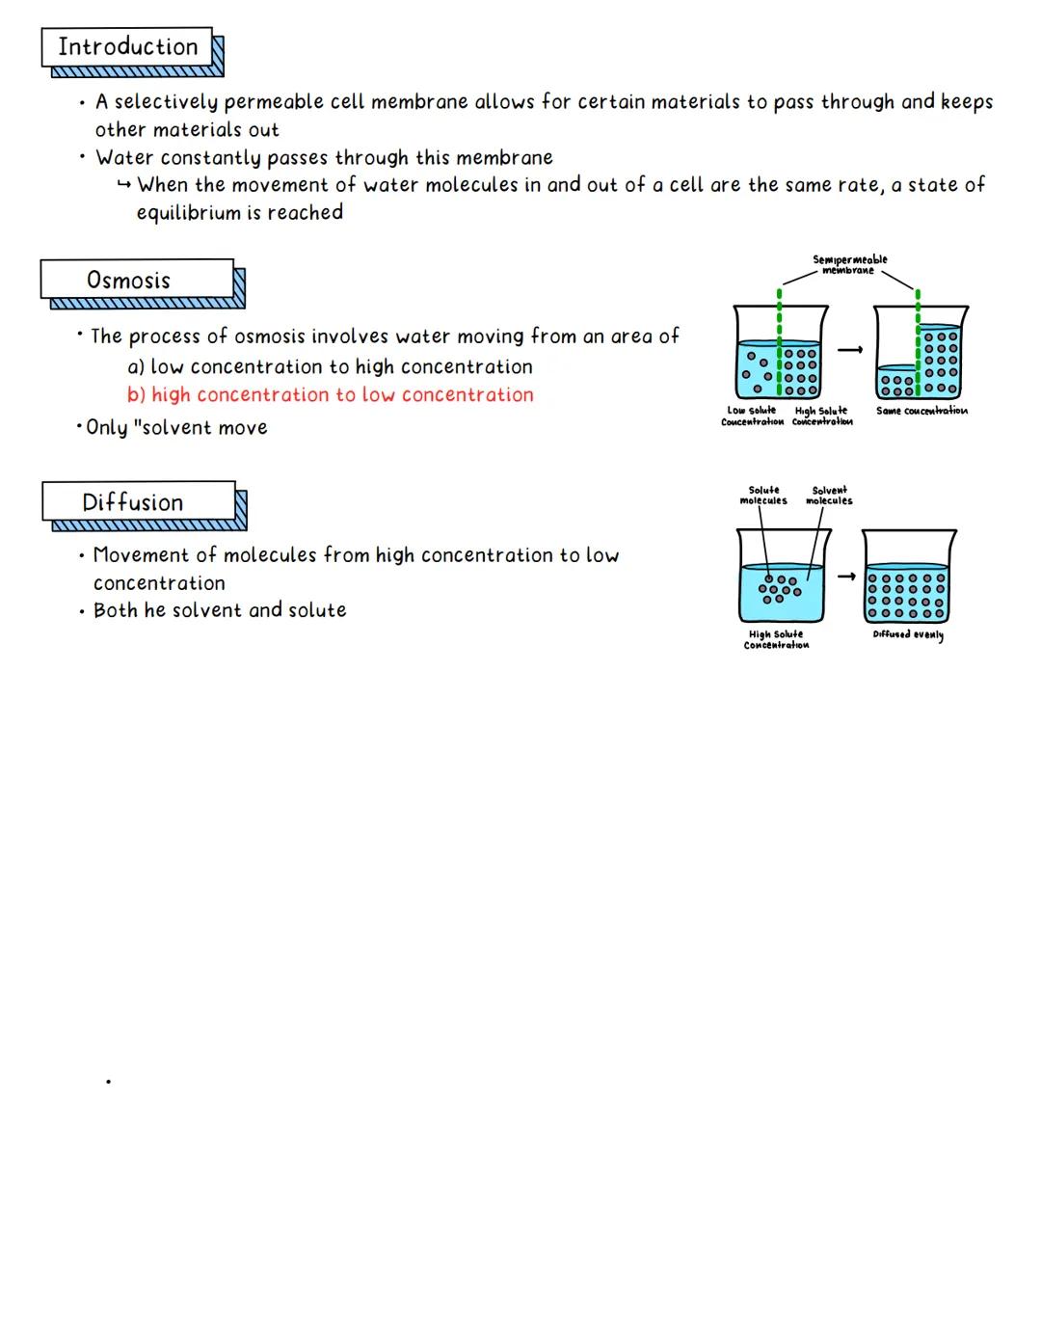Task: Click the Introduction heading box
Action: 127,47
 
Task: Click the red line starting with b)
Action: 330,395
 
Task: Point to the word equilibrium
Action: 188,213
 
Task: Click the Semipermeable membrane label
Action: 849,265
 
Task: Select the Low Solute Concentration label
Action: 752,416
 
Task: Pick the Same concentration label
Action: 921,411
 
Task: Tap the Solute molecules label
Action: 763,496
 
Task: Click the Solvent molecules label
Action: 829,496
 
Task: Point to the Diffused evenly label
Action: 908,634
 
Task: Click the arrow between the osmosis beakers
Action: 848,351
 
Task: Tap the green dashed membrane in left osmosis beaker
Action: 780,347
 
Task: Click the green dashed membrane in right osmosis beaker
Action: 918,347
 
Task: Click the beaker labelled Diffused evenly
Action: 908,578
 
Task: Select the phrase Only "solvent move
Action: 176,428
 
